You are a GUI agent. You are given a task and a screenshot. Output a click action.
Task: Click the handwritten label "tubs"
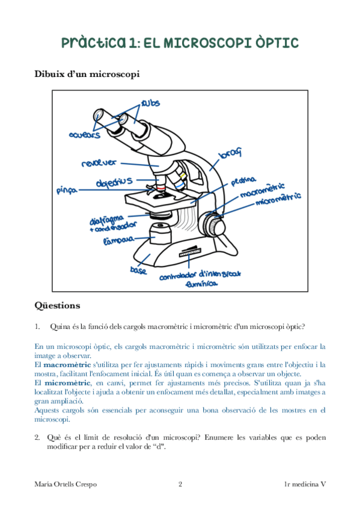(x=150, y=103)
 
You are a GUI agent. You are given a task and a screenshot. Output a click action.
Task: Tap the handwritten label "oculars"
(x=85, y=134)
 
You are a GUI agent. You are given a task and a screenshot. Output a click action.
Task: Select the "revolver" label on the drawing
(x=99, y=162)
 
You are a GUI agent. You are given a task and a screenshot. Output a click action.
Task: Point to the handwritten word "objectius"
(x=114, y=182)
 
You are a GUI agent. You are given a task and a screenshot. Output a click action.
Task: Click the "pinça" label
(x=67, y=190)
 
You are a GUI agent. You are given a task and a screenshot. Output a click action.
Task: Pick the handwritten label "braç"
(x=230, y=153)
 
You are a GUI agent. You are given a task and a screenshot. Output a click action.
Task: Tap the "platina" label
(x=243, y=181)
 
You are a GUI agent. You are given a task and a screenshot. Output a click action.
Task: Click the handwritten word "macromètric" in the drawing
(x=263, y=190)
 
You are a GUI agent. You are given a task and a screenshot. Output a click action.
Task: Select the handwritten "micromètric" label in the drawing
(x=278, y=198)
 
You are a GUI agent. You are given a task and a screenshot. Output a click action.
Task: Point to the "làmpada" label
(x=118, y=241)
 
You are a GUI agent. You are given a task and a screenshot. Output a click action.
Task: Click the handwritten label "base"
(x=138, y=270)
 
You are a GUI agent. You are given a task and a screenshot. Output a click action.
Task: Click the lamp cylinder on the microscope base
(x=160, y=233)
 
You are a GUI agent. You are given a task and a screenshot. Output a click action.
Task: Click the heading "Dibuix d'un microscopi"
(x=87, y=74)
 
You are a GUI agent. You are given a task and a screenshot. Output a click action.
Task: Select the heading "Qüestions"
(x=57, y=306)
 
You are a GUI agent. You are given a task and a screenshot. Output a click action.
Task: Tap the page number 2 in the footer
(x=180, y=484)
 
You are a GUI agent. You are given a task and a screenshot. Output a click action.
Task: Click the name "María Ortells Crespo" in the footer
(x=66, y=484)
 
